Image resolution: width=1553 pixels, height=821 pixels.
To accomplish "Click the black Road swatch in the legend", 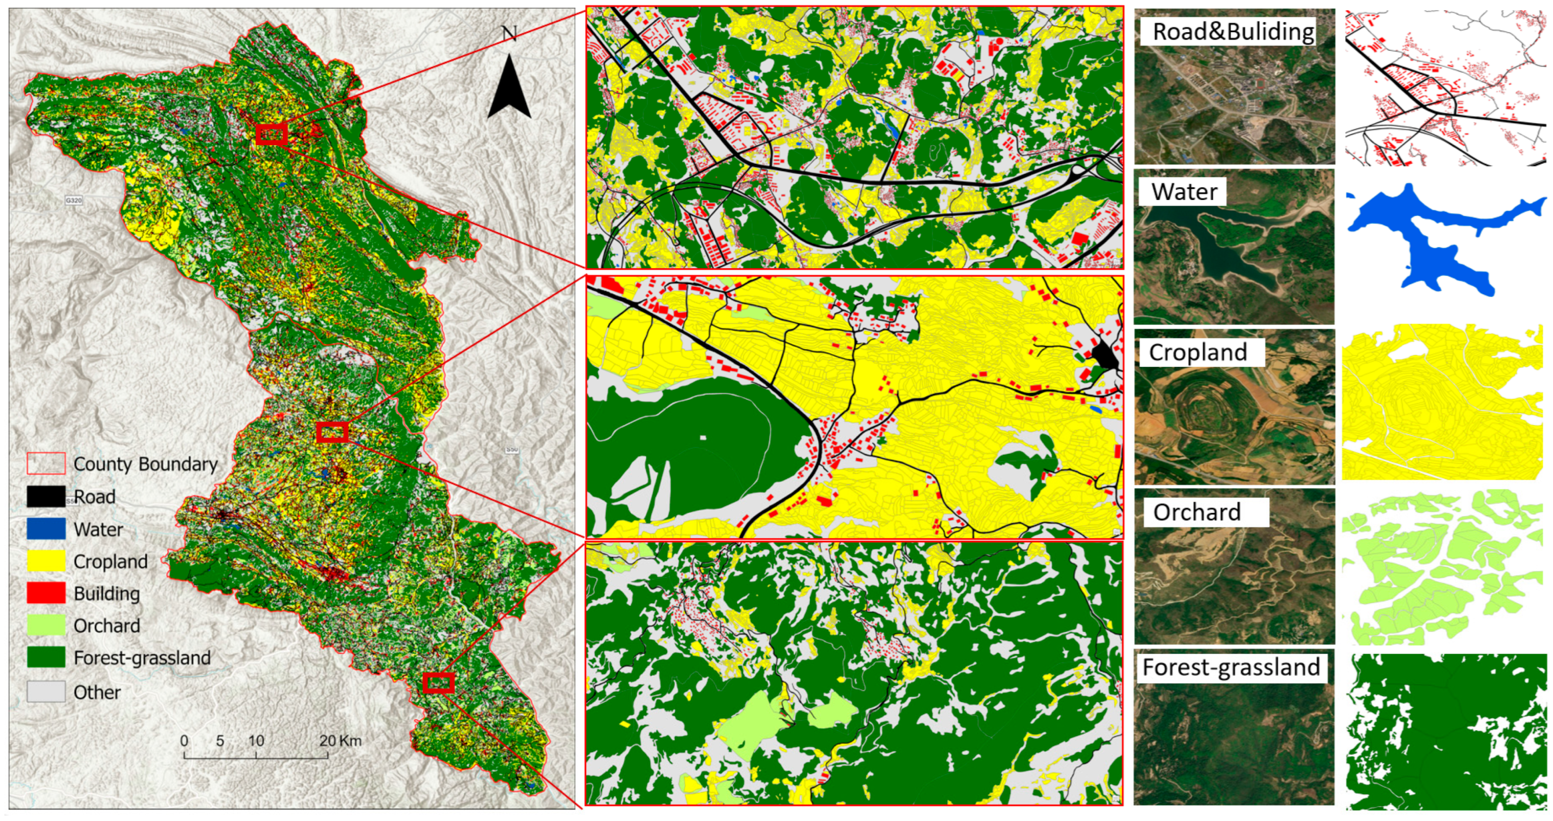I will coord(46,496).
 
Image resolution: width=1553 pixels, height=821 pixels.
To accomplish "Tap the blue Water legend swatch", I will coord(46,529).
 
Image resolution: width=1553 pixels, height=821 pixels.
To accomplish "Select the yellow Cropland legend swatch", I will coord(46,560).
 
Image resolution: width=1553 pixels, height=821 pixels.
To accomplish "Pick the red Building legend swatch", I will coord(46,593).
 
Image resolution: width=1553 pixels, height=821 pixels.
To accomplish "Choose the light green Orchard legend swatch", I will coord(46,625).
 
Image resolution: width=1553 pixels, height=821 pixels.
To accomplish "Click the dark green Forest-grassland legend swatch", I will coord(46,657).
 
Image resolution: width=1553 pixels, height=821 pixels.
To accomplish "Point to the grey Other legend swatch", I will coord(46,691).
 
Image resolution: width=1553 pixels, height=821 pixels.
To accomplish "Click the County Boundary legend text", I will coord(145,464).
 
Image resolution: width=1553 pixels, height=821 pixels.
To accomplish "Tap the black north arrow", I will coord(509,87).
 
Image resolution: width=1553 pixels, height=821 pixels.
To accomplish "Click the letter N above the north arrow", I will coord(509,33).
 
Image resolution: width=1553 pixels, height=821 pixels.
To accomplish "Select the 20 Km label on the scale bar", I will coord(340,740).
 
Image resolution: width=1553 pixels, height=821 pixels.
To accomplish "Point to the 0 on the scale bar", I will coord(184,740).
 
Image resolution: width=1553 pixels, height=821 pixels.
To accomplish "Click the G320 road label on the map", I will coord(74,200).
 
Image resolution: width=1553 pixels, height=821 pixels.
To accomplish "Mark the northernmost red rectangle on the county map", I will coord(271,134).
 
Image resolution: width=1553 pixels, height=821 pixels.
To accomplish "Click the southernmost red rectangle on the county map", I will coord(438,683).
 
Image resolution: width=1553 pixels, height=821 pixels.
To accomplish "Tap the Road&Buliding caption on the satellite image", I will coord(1233,31).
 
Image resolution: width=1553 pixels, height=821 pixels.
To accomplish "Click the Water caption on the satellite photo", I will coord(1184,192).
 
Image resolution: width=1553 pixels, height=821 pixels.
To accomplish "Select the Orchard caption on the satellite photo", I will coord(1197,512).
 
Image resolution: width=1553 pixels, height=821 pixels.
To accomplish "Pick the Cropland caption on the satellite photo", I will coord(1198,352).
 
